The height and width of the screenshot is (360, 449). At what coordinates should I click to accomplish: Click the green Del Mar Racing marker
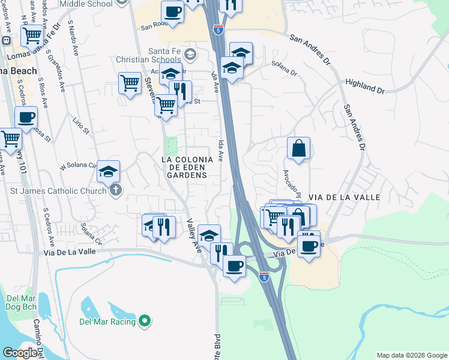tap(144, 322)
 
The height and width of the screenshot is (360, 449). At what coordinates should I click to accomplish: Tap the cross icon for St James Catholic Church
tap(116, 191)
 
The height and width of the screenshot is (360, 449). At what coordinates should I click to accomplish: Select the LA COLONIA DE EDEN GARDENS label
tap(187, 167)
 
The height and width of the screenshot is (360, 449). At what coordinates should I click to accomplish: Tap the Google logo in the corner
tap(20, 353)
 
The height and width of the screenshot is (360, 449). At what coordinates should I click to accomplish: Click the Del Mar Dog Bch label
tap(22, 302)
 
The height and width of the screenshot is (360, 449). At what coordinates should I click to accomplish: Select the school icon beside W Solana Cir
tap(109, 172)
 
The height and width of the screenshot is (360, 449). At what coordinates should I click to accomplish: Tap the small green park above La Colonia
tap(172, 145)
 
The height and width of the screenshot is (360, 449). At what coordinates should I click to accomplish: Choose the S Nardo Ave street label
tap(74, 40)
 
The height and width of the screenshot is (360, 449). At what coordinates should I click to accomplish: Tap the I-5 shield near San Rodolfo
tap(219, 28)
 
